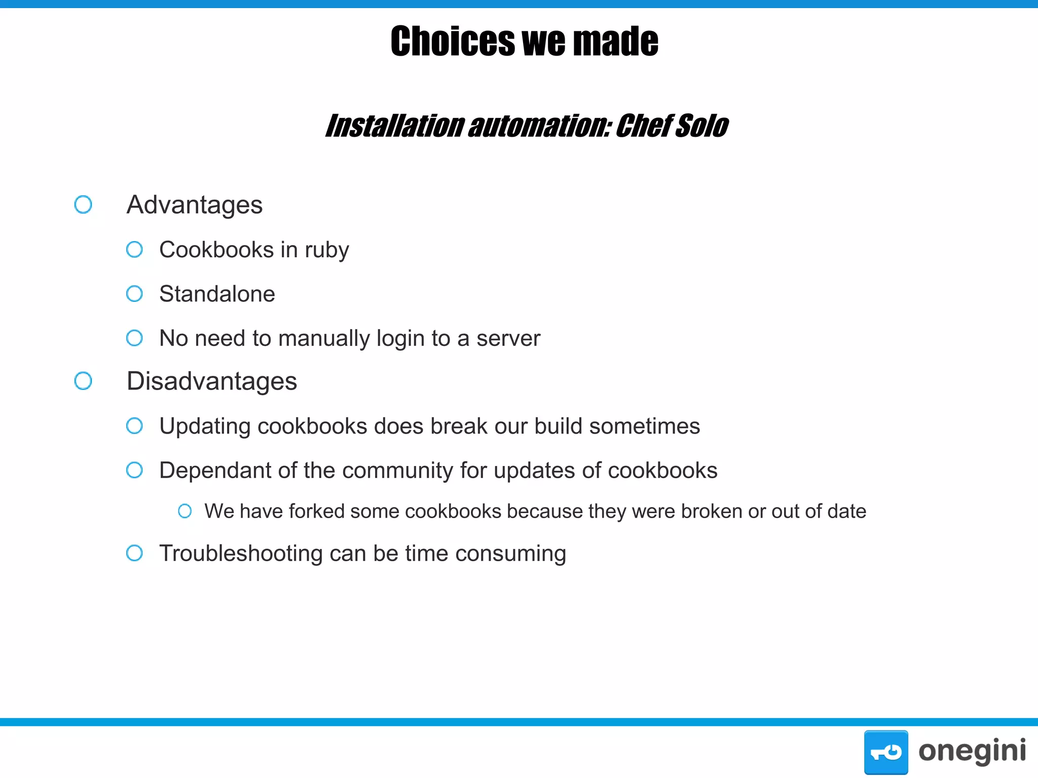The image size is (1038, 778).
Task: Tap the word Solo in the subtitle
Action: pos(702,126)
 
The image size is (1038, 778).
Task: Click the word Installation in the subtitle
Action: pos(394,126)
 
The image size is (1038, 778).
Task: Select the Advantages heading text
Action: pos(195,205)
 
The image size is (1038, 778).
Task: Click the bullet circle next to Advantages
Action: pos(83,205)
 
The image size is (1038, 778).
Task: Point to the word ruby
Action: pos(326,250)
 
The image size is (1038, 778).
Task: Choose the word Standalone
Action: pos(217,294)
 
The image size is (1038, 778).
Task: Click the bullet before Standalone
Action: pos(134,294)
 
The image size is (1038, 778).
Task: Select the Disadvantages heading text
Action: pos(212,381)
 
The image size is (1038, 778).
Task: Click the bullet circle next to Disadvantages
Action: pos(83,381)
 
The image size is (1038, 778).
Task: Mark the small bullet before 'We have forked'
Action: pos(185,511)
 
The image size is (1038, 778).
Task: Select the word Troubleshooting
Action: pos(241,554)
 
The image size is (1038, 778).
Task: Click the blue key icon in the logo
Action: pos(886,752)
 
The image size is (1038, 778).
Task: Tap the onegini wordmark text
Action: pos(972,751)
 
